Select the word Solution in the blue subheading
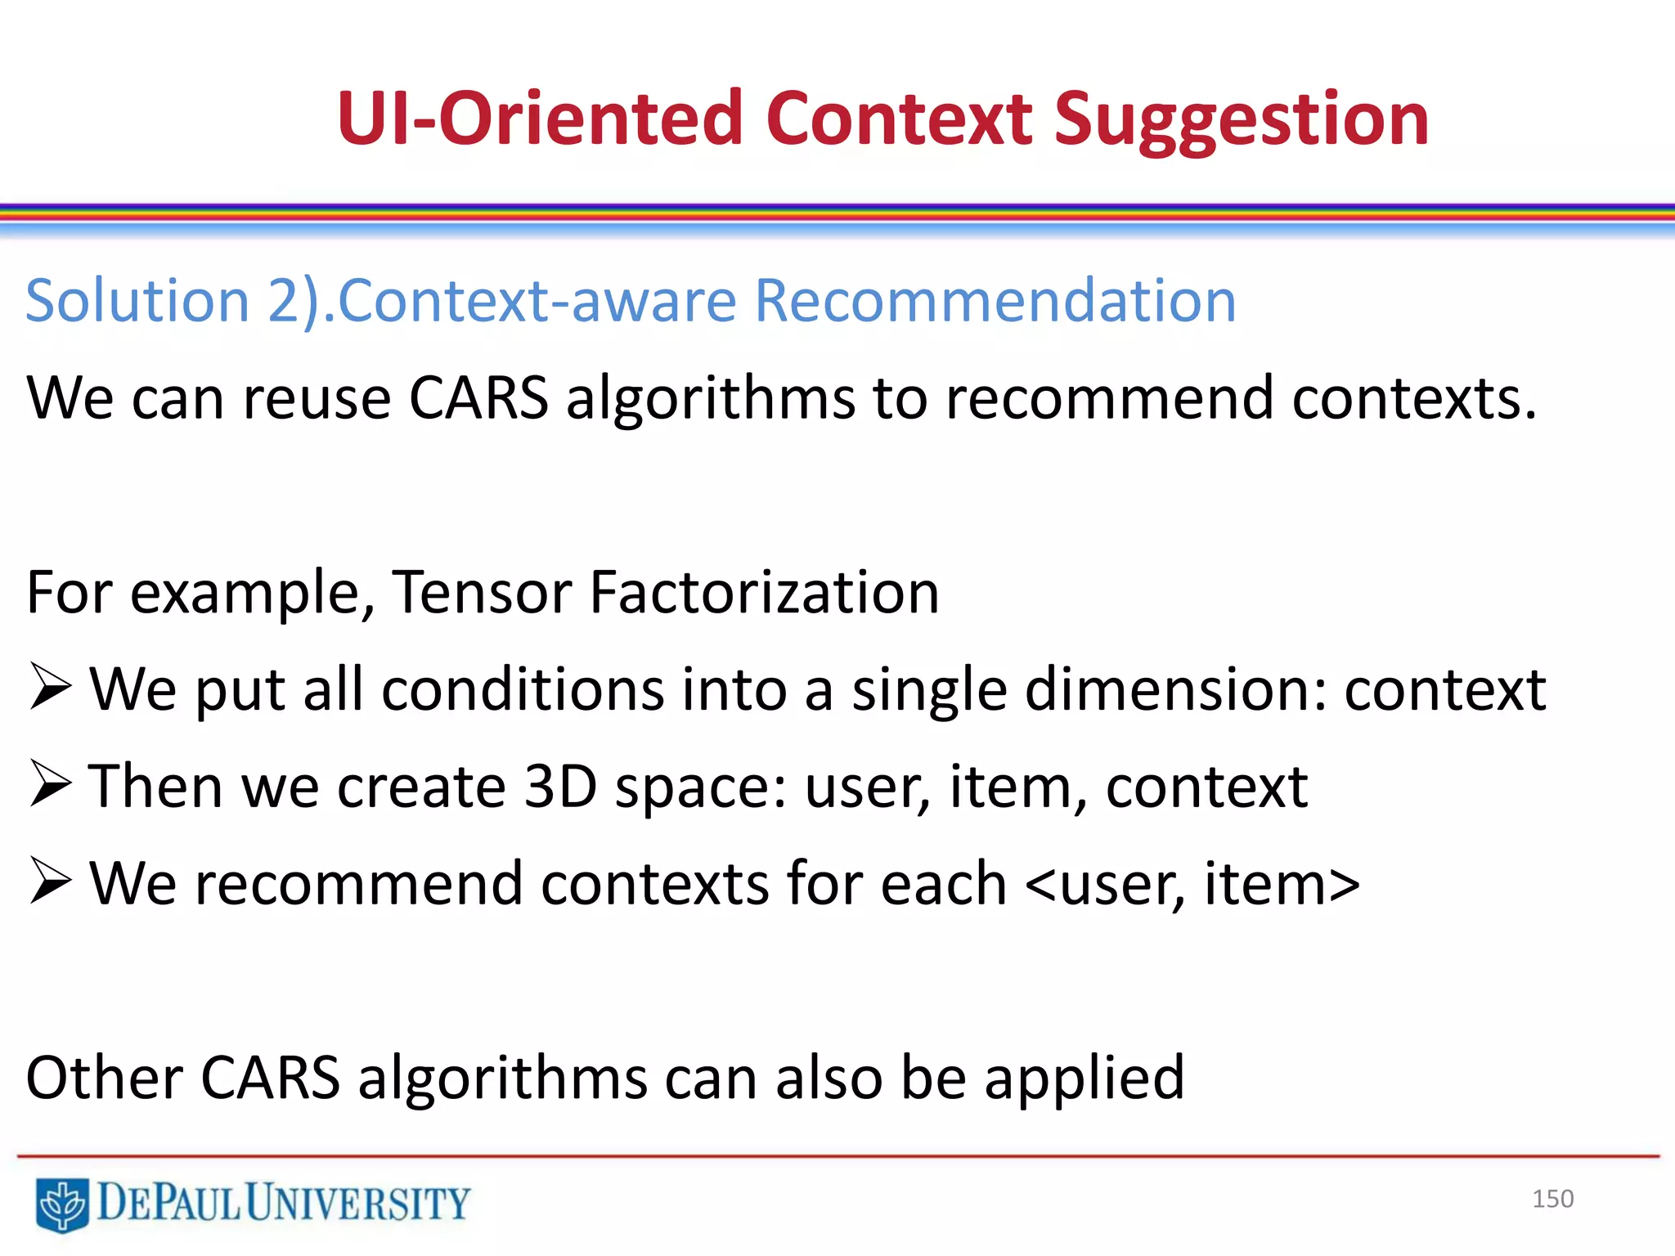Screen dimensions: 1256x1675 [137, 301]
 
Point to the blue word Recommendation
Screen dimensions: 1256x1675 [994, 301]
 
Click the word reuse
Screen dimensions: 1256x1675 [317, 398]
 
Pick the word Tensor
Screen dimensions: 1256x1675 [482, 592]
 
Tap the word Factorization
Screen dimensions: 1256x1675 [764, 592]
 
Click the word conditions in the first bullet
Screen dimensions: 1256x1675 [523, 689]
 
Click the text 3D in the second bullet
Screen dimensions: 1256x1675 [560, 787]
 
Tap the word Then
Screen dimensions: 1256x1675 [155, 787]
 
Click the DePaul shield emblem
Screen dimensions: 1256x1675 [62, 1204]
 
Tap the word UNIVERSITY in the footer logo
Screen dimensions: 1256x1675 [357, 1203]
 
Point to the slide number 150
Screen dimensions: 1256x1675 [1552, 1199]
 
